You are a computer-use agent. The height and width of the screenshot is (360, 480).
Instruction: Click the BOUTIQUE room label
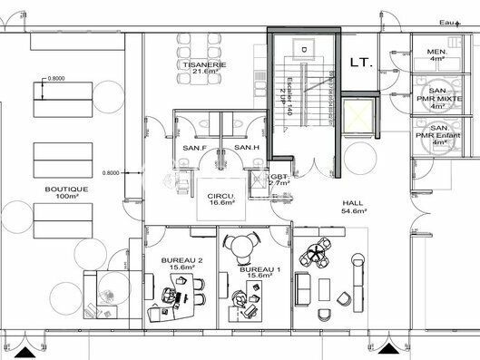62,189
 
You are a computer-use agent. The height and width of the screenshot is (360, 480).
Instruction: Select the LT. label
359,62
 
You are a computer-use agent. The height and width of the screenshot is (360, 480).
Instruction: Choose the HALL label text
353,202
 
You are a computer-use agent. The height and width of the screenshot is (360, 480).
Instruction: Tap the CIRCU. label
222,196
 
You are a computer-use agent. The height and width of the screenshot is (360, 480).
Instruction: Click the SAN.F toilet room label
194,148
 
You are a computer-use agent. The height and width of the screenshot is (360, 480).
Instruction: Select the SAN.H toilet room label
247,148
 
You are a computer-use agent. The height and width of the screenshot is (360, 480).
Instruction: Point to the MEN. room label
436,52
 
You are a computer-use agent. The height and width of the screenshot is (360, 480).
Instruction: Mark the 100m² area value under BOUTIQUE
63,197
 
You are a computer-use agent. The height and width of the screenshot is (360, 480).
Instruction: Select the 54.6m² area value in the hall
353,210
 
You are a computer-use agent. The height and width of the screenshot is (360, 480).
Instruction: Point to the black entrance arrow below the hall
387,348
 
